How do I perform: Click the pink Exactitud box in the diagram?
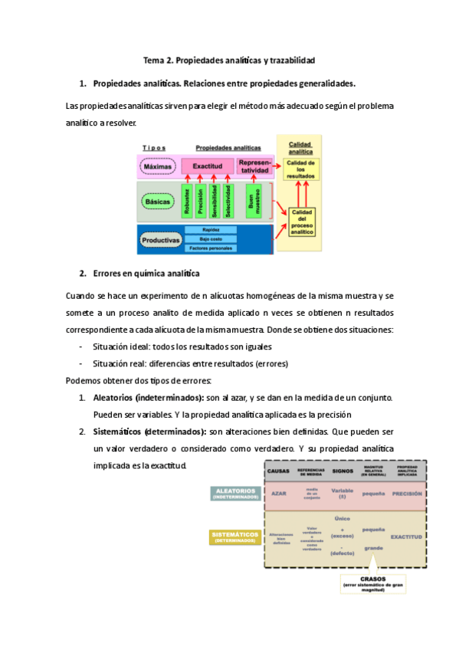pos(208,166)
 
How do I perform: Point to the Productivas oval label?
pos(160,240)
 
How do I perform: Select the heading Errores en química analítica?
pos(146,273)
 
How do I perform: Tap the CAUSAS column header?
pos(280,470)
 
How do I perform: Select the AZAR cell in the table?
pos(279,493)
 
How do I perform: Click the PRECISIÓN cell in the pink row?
pos(407,494)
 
